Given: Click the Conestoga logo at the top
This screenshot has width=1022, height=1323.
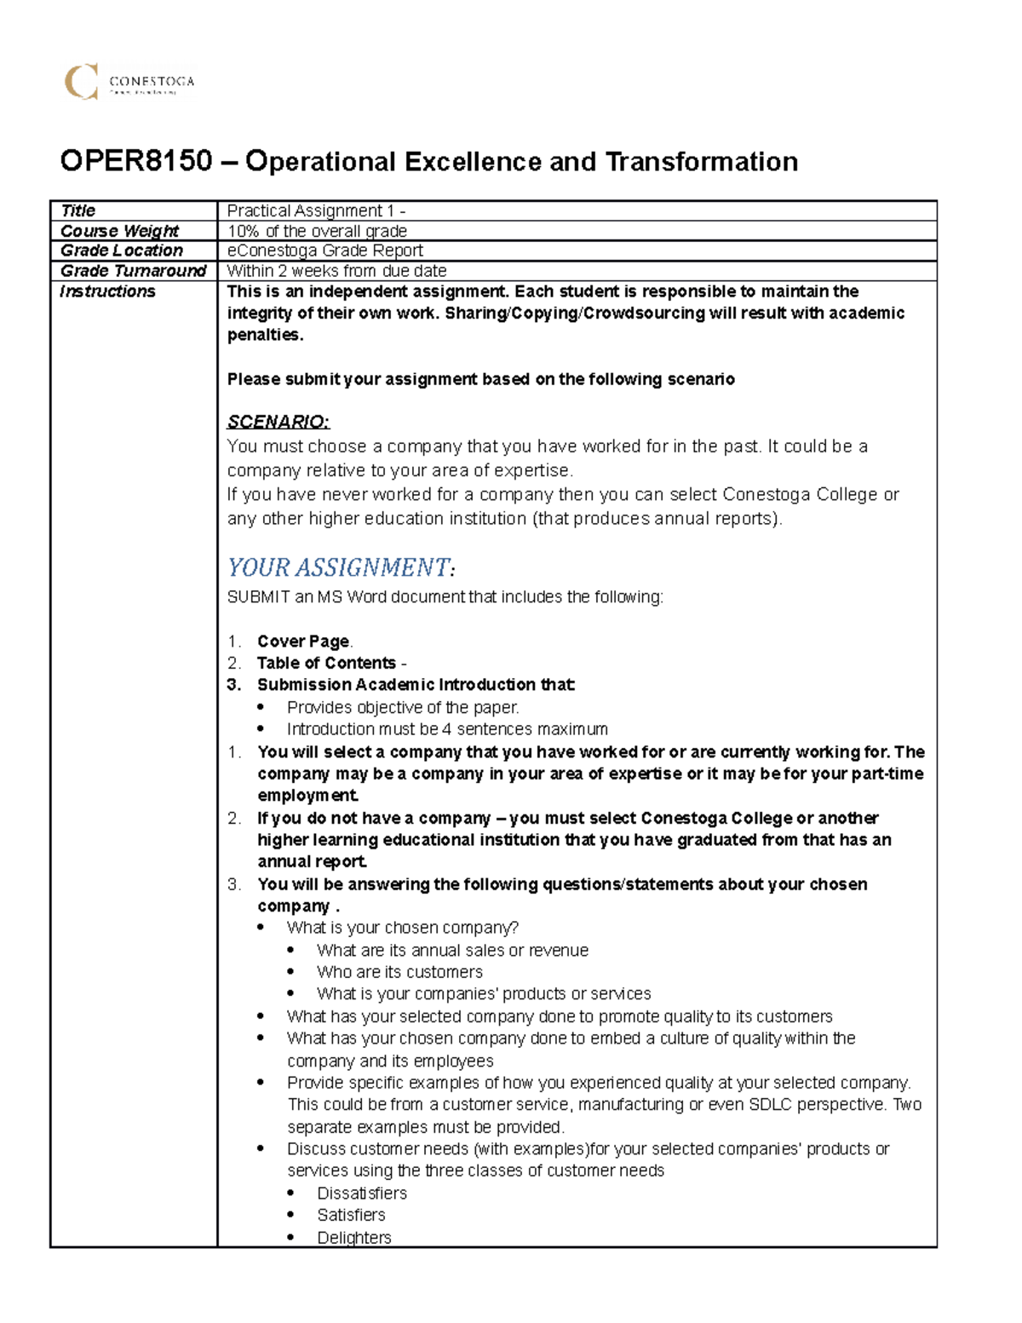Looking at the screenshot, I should (129, 82).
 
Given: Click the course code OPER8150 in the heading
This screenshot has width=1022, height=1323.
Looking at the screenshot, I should (135, 161).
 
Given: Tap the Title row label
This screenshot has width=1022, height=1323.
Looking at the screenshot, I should (78, 210).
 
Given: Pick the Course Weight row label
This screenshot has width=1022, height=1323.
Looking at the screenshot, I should (119, 231).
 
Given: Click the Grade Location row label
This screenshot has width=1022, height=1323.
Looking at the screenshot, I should (122, 250).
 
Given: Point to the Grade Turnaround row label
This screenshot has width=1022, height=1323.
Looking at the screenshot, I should (133, 271).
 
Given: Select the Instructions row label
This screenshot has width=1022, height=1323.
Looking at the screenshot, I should (107, 291).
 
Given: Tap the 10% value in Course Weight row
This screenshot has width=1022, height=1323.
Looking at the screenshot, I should (243, 231).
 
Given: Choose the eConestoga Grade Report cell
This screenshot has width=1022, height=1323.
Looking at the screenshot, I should (324, 250).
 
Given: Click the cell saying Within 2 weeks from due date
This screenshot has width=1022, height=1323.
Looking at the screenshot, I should (336, 271).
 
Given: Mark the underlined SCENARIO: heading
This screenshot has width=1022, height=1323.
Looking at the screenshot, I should (278, 422).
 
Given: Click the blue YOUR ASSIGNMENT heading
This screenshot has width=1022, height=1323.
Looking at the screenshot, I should (338, 567).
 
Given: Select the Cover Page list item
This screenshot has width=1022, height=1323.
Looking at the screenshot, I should (304, 641).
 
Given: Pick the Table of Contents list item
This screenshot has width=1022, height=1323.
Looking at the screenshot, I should (327, 663).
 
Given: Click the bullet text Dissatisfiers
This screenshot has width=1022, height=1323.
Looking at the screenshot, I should (362, 1193).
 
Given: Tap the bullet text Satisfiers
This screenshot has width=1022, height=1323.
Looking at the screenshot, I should (351, 1215).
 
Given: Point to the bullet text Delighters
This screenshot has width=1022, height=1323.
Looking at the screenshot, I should (354, 1237).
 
